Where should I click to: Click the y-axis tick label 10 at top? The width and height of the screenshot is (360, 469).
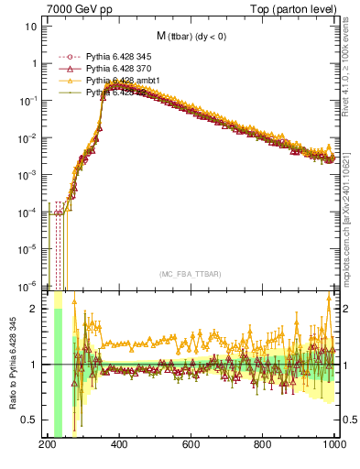29,26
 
